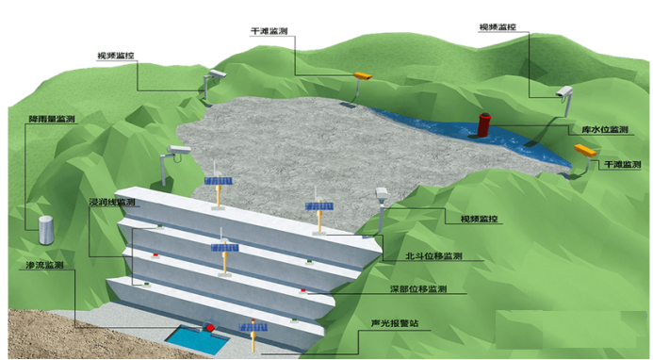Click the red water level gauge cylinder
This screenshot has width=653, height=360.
(x=484, y=124)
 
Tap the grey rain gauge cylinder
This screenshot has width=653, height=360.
(x=46, y=230)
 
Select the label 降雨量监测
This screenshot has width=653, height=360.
(x=52, y=119)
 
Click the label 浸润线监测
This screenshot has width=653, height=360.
(x=112, y=202)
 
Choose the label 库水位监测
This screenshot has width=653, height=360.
(x=605, y=130)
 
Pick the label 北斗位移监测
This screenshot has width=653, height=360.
(x=434, y=255)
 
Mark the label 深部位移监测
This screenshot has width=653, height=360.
(x=418, y=288)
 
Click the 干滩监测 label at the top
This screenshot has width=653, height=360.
(x=269, y=31)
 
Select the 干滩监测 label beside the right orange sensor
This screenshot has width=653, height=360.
(x=622, y=165)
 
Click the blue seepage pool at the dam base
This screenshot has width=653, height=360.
(x=198, y=340)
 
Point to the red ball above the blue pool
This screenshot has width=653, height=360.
(x=211, y=327)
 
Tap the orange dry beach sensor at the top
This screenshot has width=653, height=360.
(x=363, y=75)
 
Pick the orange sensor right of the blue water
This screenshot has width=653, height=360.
(x=585, y=150)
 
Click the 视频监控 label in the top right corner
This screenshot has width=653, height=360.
(x=498, y=27)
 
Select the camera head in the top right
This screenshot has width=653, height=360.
(x=564, y=91)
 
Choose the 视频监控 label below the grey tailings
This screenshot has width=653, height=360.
(x=479, y=220)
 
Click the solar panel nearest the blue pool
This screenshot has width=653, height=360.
(x=253, y=327)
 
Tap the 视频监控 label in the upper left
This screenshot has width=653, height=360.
(x=116, y=56)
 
